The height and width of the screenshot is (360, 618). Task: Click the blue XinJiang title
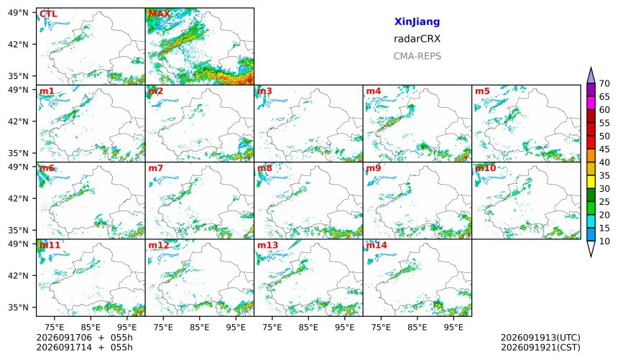click(417, 22)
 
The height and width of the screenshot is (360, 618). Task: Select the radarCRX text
click(417, 39)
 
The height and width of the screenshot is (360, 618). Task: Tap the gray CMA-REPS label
click(417, 56)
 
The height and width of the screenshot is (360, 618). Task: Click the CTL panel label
click(48, 14)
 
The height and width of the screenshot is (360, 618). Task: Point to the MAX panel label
click(160, 14)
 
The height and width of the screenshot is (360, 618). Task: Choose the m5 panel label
click(482, 91)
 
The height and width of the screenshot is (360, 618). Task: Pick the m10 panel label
click(486, 168)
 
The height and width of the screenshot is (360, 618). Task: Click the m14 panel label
click(377, 245)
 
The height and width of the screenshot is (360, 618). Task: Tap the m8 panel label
click(264, 168)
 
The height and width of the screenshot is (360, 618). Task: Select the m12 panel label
click(159, 245)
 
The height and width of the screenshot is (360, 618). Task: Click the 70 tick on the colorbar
click(604, 83)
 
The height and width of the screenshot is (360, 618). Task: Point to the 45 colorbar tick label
click(604, 149)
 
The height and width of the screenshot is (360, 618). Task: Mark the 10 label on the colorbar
click(604, 241)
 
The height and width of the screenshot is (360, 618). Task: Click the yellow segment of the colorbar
click(591, 183)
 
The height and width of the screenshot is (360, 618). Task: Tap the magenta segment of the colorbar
click(591, 103)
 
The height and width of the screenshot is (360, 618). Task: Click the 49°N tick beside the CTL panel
click(18, 13)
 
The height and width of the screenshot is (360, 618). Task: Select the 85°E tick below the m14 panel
click(418, 327)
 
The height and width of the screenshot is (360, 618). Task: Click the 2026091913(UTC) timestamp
click(540, 338)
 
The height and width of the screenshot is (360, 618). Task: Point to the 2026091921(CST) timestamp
click(540, 347)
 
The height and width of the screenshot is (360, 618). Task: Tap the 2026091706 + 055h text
click(84, 338)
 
